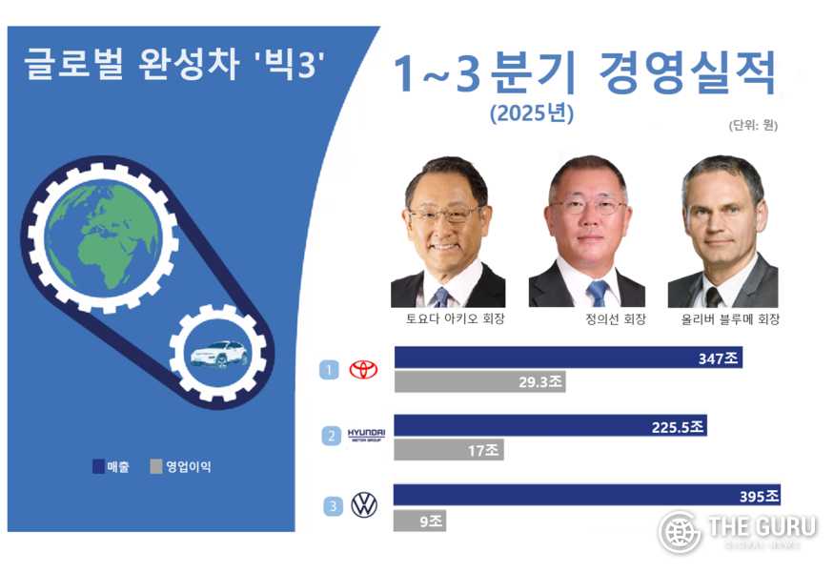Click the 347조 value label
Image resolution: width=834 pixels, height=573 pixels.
tap(719, 358)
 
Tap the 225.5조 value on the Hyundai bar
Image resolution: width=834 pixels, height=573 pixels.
tap(678, 427)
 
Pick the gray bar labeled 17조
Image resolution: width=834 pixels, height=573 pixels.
tap(448, 450)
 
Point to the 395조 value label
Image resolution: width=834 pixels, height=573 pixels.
tap(759, 496)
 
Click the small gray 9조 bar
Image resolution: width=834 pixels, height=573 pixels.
tap(419, 521)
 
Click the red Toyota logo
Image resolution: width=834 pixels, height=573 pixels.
tap(364, 370)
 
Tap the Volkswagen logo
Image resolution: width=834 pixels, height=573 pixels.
tap(364, 505)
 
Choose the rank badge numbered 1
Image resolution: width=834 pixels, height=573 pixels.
tap(329, 369)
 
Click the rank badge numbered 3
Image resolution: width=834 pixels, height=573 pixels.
tap(333, 506)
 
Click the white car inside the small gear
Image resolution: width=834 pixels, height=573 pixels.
tap(218, 355)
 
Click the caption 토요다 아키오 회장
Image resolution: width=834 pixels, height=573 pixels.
tap(448, 319)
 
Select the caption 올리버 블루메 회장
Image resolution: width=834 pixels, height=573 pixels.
tap(724, 319)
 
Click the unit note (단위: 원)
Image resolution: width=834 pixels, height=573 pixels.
tap(752, 125)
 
